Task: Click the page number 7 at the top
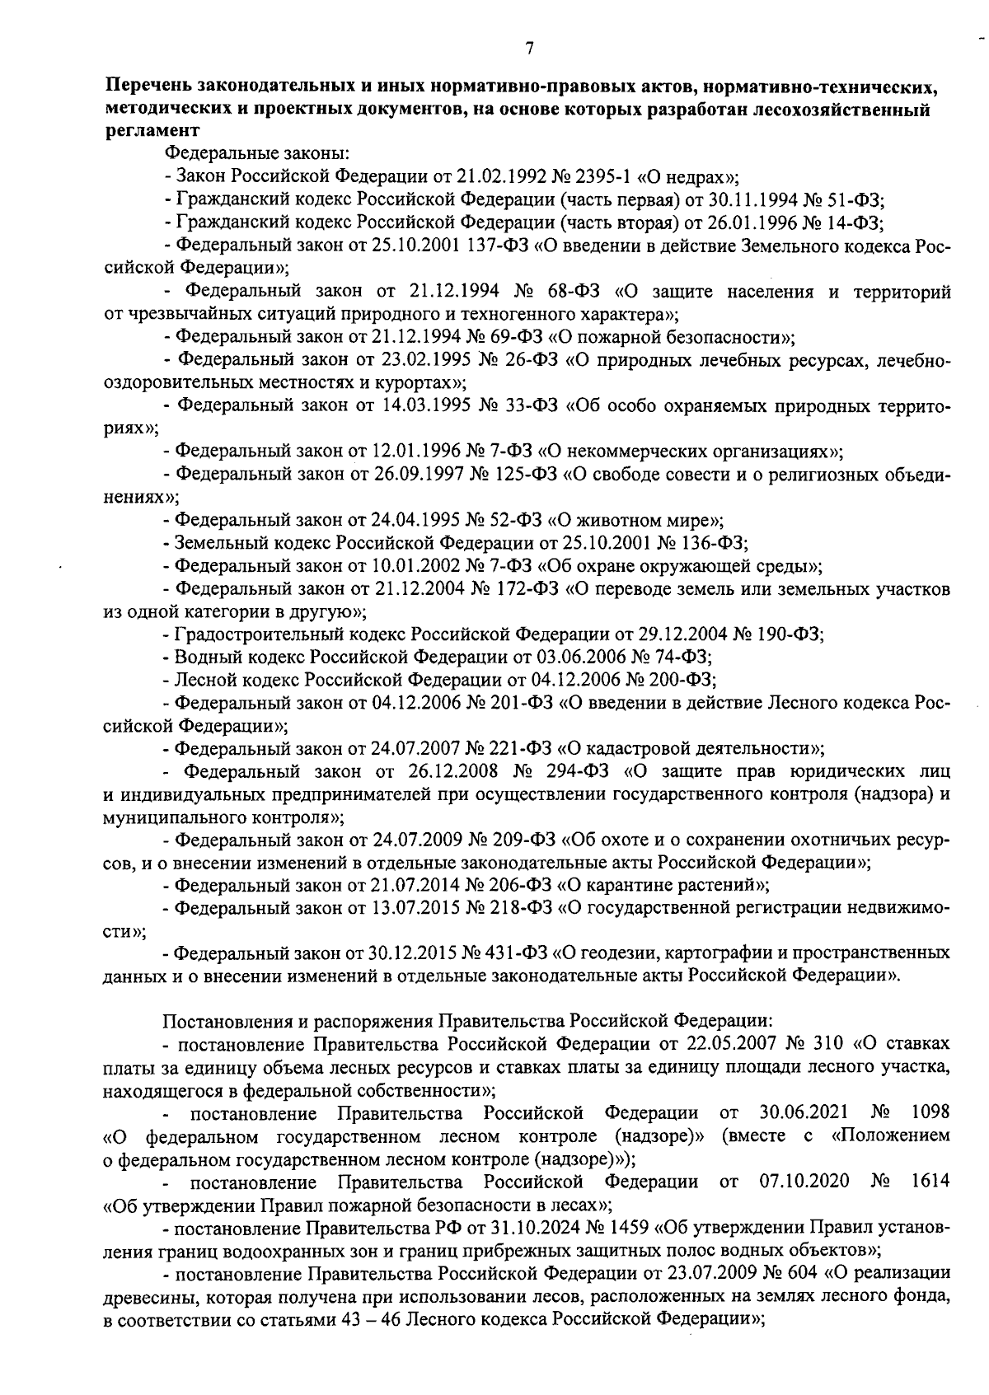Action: click(529, 49)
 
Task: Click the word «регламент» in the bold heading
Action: click(152, 130)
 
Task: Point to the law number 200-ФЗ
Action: click(682, 680)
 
